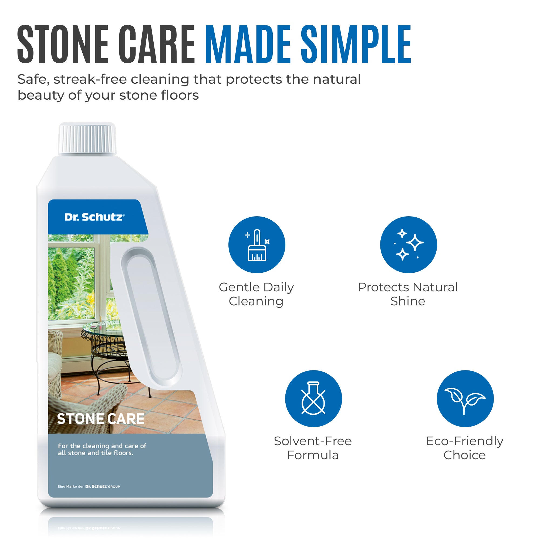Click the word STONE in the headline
click(x=63, y=44)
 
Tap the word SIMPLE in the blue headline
click(x=356, y=44)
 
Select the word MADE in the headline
click(x=248, y=44)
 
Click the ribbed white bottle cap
click(x=87, y=138)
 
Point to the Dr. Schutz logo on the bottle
click(x=94, y=217)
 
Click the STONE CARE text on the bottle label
click(x=101, y=419)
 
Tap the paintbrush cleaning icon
click(x=256, y=245)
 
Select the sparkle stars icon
click(x=408, y=245)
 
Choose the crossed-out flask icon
click(x=313, y=399)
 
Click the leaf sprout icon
click(x=465, y=399)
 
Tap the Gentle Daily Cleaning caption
click(x=256, y=294)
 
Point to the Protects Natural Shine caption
click(x=408, y=294)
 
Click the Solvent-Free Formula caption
click(x=313, y=448)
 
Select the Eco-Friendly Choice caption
click(x=464, y=448)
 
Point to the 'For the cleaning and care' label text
click(x=102, y=449)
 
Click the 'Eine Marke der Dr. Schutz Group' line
click(x=89, y=487)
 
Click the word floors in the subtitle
click(x=180, y=95)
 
